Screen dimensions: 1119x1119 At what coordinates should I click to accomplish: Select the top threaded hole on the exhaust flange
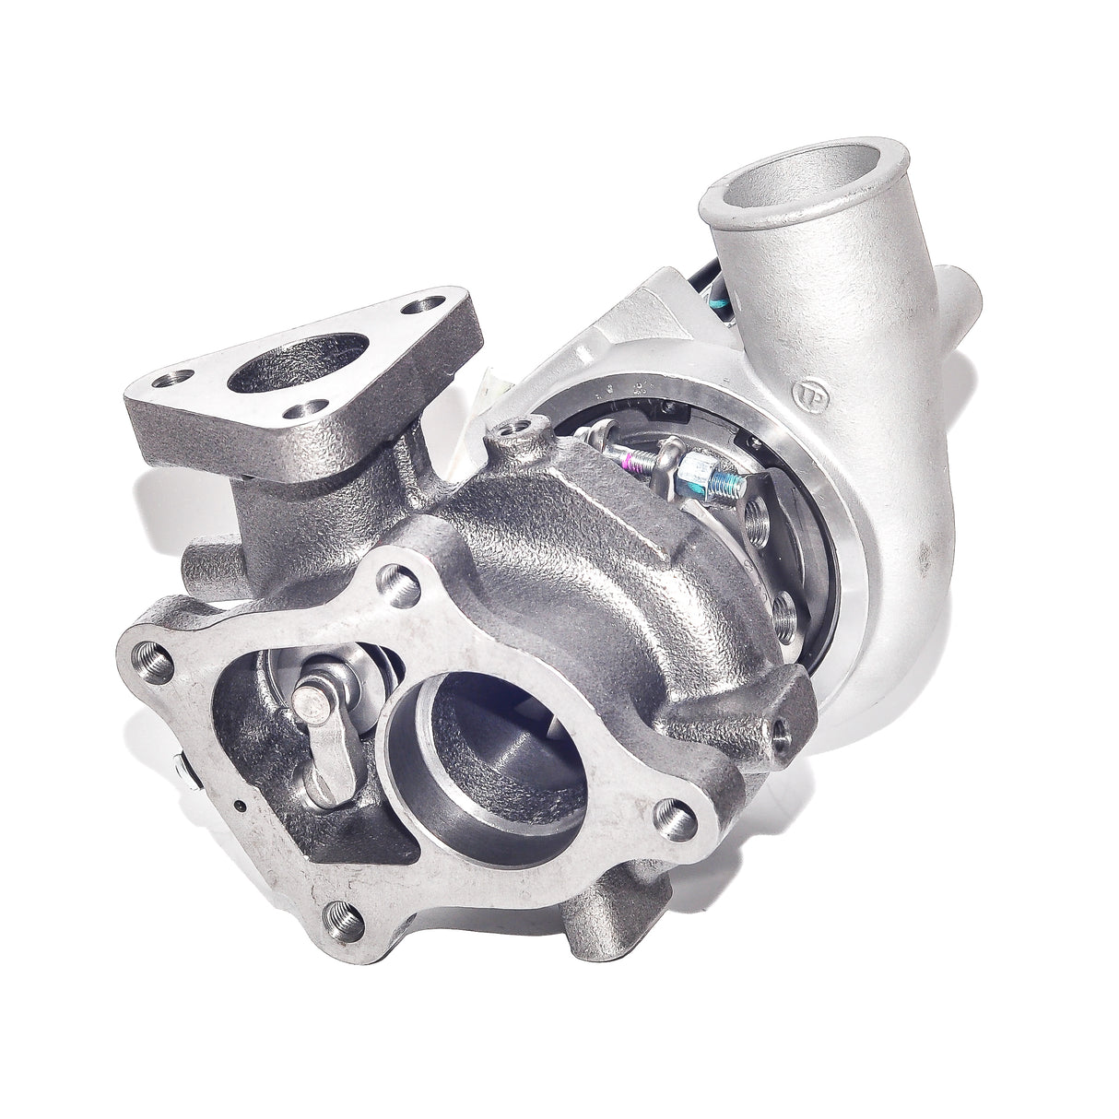point(394,581)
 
